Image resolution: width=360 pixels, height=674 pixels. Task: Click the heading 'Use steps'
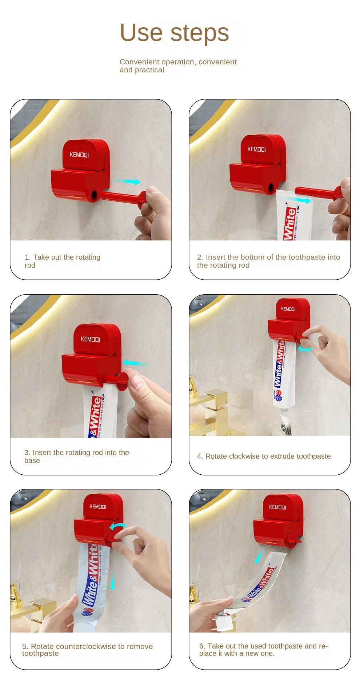[x=174, y=33]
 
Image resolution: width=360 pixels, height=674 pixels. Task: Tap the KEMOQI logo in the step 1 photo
[x=79, y=155]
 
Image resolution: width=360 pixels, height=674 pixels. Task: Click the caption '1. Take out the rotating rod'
[x=62, y=261]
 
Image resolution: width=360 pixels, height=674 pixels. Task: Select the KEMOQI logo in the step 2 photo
[x=257, y=149]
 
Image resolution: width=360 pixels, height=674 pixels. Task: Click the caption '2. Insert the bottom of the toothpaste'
[x=268, y=261]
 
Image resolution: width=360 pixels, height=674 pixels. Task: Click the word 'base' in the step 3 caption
[x=32, y=460]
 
